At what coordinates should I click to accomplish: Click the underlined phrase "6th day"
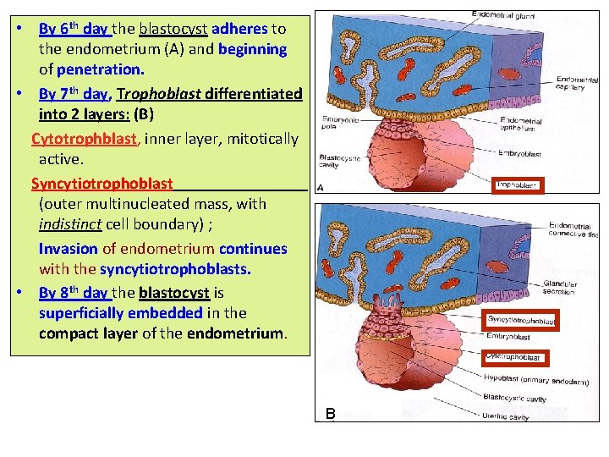(x=74, y=28)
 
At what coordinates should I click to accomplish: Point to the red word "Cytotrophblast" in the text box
(x=84, y=138)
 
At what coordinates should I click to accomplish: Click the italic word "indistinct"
(x=70, y=225)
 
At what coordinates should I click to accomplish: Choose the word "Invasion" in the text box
(x=69, y=249)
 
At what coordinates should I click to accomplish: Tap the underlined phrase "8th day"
(x=74, y=293)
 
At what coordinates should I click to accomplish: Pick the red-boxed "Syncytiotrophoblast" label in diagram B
(x=521, y=321)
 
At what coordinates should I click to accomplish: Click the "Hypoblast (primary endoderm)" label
(x=536, y=382)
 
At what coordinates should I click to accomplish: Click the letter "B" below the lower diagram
(x=332, y=414)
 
